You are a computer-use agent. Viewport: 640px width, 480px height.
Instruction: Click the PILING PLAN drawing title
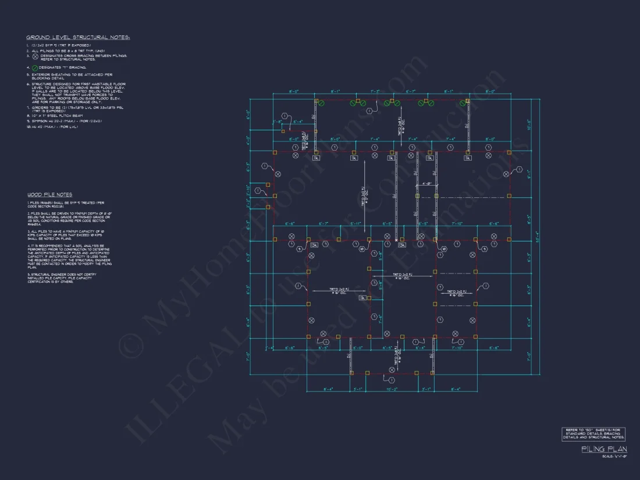604,449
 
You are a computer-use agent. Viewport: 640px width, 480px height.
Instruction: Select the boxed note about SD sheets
593,433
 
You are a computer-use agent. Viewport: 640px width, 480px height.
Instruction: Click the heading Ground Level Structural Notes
78,38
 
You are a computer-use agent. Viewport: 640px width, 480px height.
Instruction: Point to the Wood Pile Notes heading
49,194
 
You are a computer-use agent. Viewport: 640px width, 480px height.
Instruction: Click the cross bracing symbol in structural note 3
35,56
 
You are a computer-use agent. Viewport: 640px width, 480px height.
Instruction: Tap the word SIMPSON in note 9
40,121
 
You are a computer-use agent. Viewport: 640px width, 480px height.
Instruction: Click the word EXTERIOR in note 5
41,74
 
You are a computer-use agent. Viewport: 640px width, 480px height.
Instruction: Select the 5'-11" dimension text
356,224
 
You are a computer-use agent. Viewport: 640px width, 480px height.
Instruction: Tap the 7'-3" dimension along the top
375,92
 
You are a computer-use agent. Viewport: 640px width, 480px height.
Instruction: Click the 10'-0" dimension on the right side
529,125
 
